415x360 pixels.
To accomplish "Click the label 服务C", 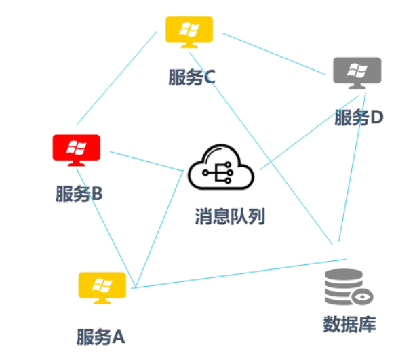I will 192,77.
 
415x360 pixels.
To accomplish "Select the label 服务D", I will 359,118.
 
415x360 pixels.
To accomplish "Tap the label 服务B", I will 79,195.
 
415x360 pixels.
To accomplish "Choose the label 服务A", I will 101,336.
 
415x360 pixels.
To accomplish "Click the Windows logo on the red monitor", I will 77,146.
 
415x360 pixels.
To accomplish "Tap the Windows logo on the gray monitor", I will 357,68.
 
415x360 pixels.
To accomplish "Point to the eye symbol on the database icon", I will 363,296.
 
